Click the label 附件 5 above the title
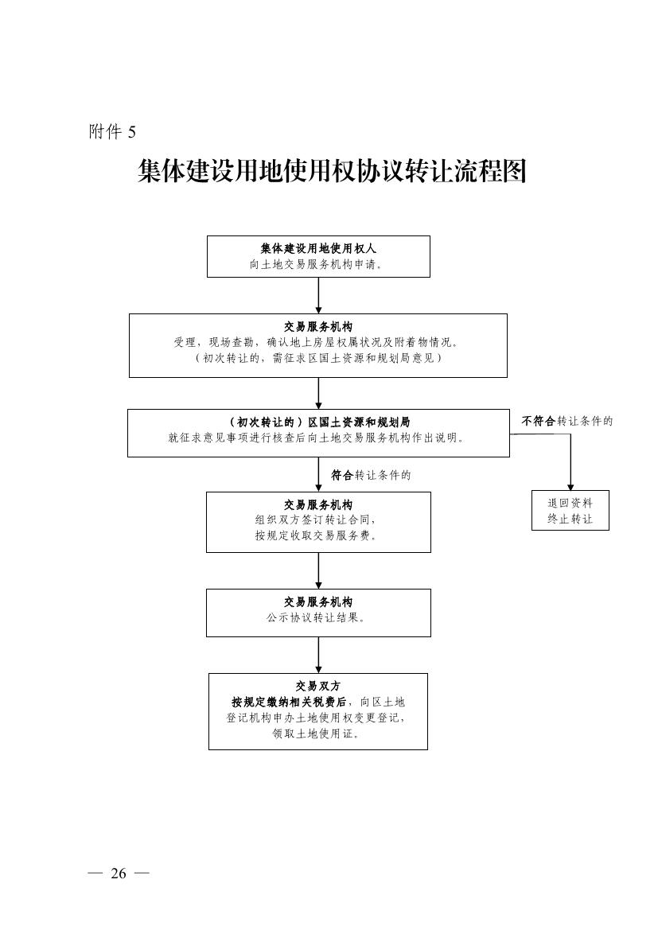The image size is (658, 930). pyautogui.click(x=112, y=131)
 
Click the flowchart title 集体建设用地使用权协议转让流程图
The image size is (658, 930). pyautogui.click(x=333, y=171)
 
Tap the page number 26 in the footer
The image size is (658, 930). pyautogui.click(x=118, y=873)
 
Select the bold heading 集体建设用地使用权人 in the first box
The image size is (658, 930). pyautogui.click(x=318, y=248)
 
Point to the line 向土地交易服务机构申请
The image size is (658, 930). pyautogui.click(x=315, y=265)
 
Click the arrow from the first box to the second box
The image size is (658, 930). pyautogui.click(x=318, y=295)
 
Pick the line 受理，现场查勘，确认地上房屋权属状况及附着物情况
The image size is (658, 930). pyautogui.click(x=315, y=342)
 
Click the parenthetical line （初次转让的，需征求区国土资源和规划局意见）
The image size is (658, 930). pyautogui.click(x=317, y=358)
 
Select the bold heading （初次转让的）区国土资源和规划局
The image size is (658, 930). pyautogui.click(x=318, y=422)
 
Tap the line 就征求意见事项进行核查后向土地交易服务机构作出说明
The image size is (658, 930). pyautogui.click(x=316, y=438)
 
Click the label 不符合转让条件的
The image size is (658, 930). pyautogui.click(x=567, y=421)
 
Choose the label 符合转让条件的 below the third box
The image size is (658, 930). pyautogui.click(x=371, y=475)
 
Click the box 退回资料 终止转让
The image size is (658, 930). pyautogui.click(x=570, y=510)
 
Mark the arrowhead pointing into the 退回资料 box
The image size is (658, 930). pyautogui.click(x=570, y=486)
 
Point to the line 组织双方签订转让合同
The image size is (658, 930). pyautogui.click(x=316, y=520)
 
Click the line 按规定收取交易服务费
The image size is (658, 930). pyautogui.click(x=316, y=535)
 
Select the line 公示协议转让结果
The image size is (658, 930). pyautogui.click(x=316, y=618)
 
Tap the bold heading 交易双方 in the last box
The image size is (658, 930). pyautogui.click(x=318, y=687)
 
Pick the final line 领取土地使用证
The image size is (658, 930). pyautogui.click(x=317, y=733)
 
